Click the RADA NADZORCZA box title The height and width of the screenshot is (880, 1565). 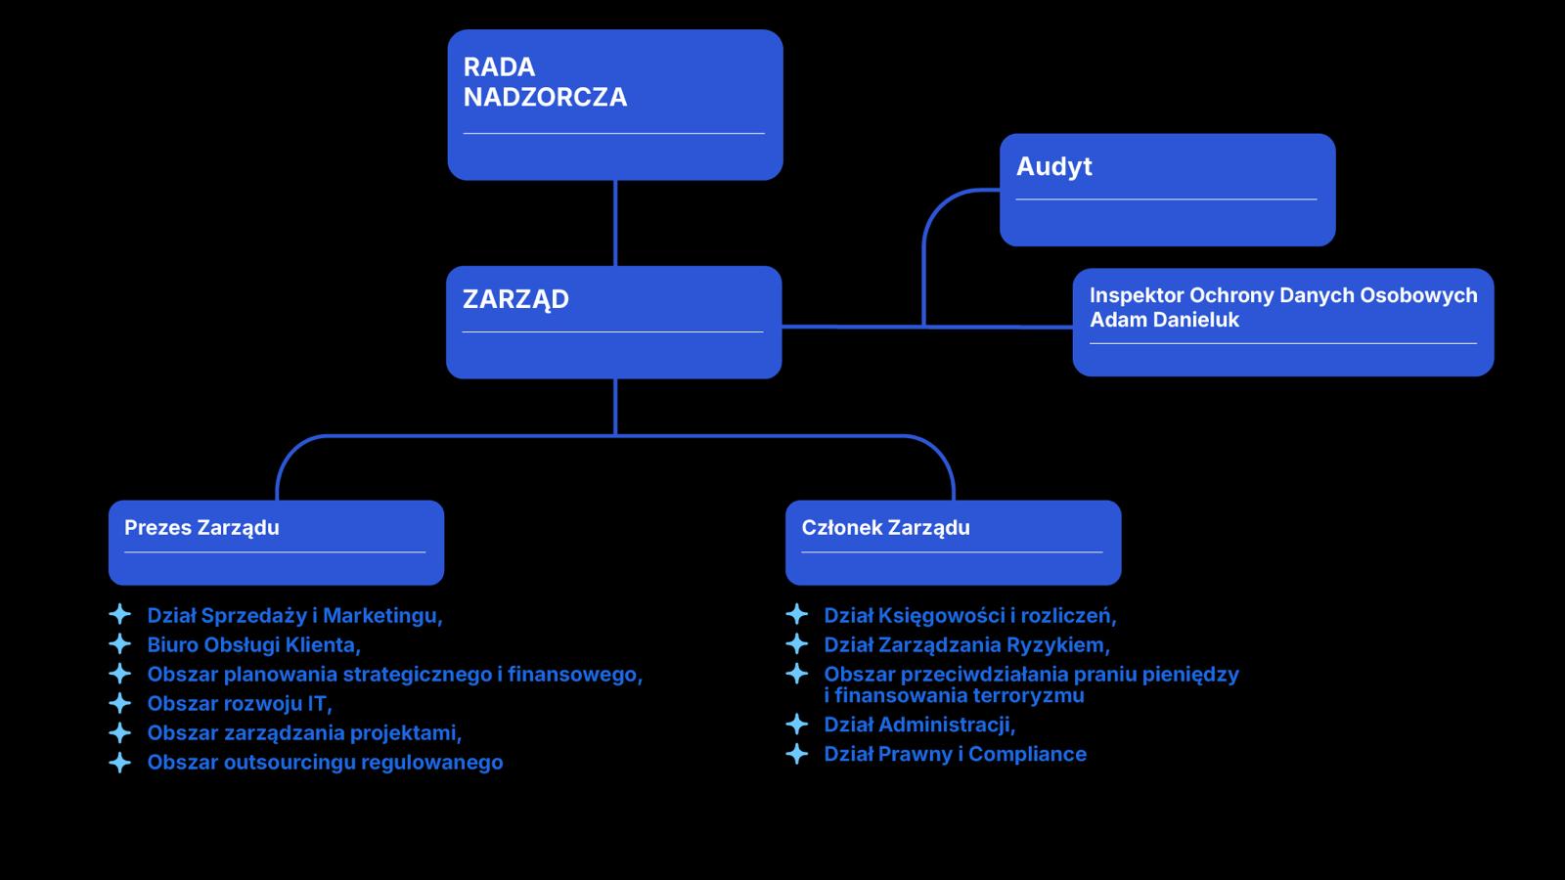tap(545, 82)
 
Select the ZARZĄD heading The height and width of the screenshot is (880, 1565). tap(515, 299)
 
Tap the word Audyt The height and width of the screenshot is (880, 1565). tap(1053, 167)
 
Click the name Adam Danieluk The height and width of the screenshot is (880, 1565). tap(1164, 320)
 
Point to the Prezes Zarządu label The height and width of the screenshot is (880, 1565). tap(201, 528)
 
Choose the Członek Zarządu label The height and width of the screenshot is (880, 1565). tap(885, 528)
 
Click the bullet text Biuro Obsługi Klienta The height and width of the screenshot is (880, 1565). tap(253, 644)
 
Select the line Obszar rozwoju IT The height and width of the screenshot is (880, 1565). tap(240, 703)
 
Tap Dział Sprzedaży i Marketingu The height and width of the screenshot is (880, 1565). tap(294, 615)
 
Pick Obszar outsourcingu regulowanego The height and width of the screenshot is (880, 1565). tap(325, 762)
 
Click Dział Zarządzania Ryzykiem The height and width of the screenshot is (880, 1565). tap(967, 644)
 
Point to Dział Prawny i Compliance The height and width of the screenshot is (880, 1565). tap(955, 754)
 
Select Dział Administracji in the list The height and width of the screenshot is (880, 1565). tap(919, 725)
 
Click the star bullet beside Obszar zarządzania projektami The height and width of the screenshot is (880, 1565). tap(120, 732)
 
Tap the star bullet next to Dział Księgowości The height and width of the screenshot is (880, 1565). tap(796, 615)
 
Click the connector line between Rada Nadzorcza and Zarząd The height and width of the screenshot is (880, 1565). tap(615, 223)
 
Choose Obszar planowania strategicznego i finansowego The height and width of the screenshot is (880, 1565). tap(395, 674)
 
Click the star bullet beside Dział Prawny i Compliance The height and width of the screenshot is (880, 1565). tap(796, 754)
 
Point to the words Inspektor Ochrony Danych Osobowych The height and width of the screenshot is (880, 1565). tap(1283, 295)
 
